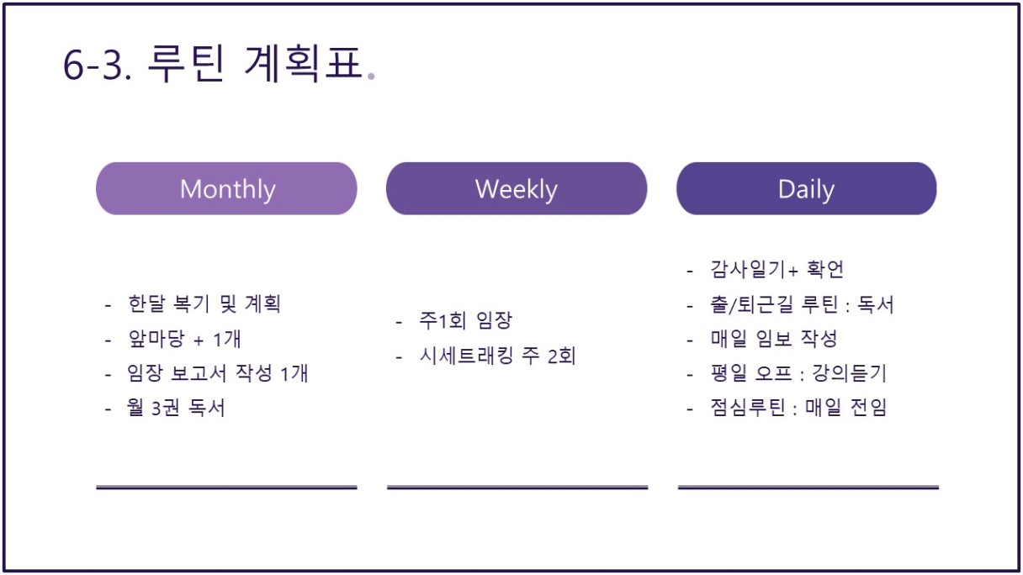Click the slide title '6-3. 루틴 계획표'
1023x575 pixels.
click(212, 64)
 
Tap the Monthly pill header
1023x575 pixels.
click(226, 188)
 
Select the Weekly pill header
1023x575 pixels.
click(517, 188)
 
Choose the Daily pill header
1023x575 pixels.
click(807, 188)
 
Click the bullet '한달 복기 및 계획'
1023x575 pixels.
click(204, 304)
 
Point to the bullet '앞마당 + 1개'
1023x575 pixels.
click(184, 339)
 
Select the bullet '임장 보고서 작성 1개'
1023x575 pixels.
click(218, 373)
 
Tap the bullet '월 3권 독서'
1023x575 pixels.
click(176, 408)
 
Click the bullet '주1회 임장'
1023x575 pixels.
click(466, 320)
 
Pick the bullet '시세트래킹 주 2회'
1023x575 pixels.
click(498, 356)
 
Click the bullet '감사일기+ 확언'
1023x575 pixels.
click(777, 269)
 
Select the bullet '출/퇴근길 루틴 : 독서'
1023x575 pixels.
click(802, 304)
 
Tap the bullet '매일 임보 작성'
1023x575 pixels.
click(774, 339)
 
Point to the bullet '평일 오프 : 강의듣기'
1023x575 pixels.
click(798, 373)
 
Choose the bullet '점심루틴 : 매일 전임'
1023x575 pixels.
click(798, 408)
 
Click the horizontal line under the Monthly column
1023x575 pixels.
click(226, 488)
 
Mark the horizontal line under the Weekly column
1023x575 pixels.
click(517, 488)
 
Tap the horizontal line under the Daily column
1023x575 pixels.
click(808, 488)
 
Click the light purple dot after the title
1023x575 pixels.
click(371, 76)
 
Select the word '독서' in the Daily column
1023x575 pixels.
click(876, 304)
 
